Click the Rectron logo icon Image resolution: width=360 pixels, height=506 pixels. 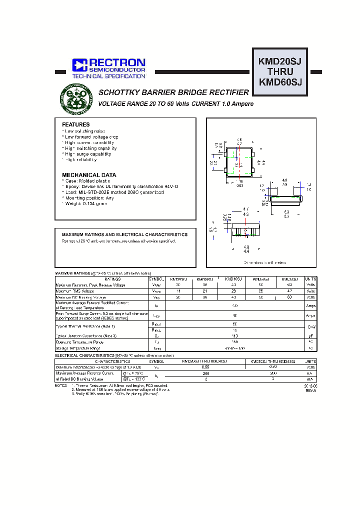(x=79, y=64)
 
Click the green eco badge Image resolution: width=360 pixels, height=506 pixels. (x=76, y=98)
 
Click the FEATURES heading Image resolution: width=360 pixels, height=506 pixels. (x=76, y=124)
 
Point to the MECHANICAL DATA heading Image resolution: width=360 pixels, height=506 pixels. (x=89, y=175)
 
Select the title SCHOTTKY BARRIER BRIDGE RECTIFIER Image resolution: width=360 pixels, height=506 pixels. (x=173, y=93)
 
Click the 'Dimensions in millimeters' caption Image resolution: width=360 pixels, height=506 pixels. (x=265, y=262)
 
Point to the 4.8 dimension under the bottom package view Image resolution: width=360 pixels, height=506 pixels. (x=245, y=247)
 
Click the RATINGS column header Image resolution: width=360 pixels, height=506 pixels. (x=101, y=279)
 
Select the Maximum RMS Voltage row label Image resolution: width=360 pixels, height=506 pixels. (x=74, y=290)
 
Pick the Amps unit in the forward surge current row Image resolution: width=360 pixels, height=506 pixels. (x=310, y=315)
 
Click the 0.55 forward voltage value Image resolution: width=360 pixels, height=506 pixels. (x=204, y=367)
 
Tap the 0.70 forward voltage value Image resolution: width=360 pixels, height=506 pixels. (x=273, y=367)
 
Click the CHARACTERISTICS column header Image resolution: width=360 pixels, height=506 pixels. (x=112, y=361)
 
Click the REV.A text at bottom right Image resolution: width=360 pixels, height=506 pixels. (x=310, y=391)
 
